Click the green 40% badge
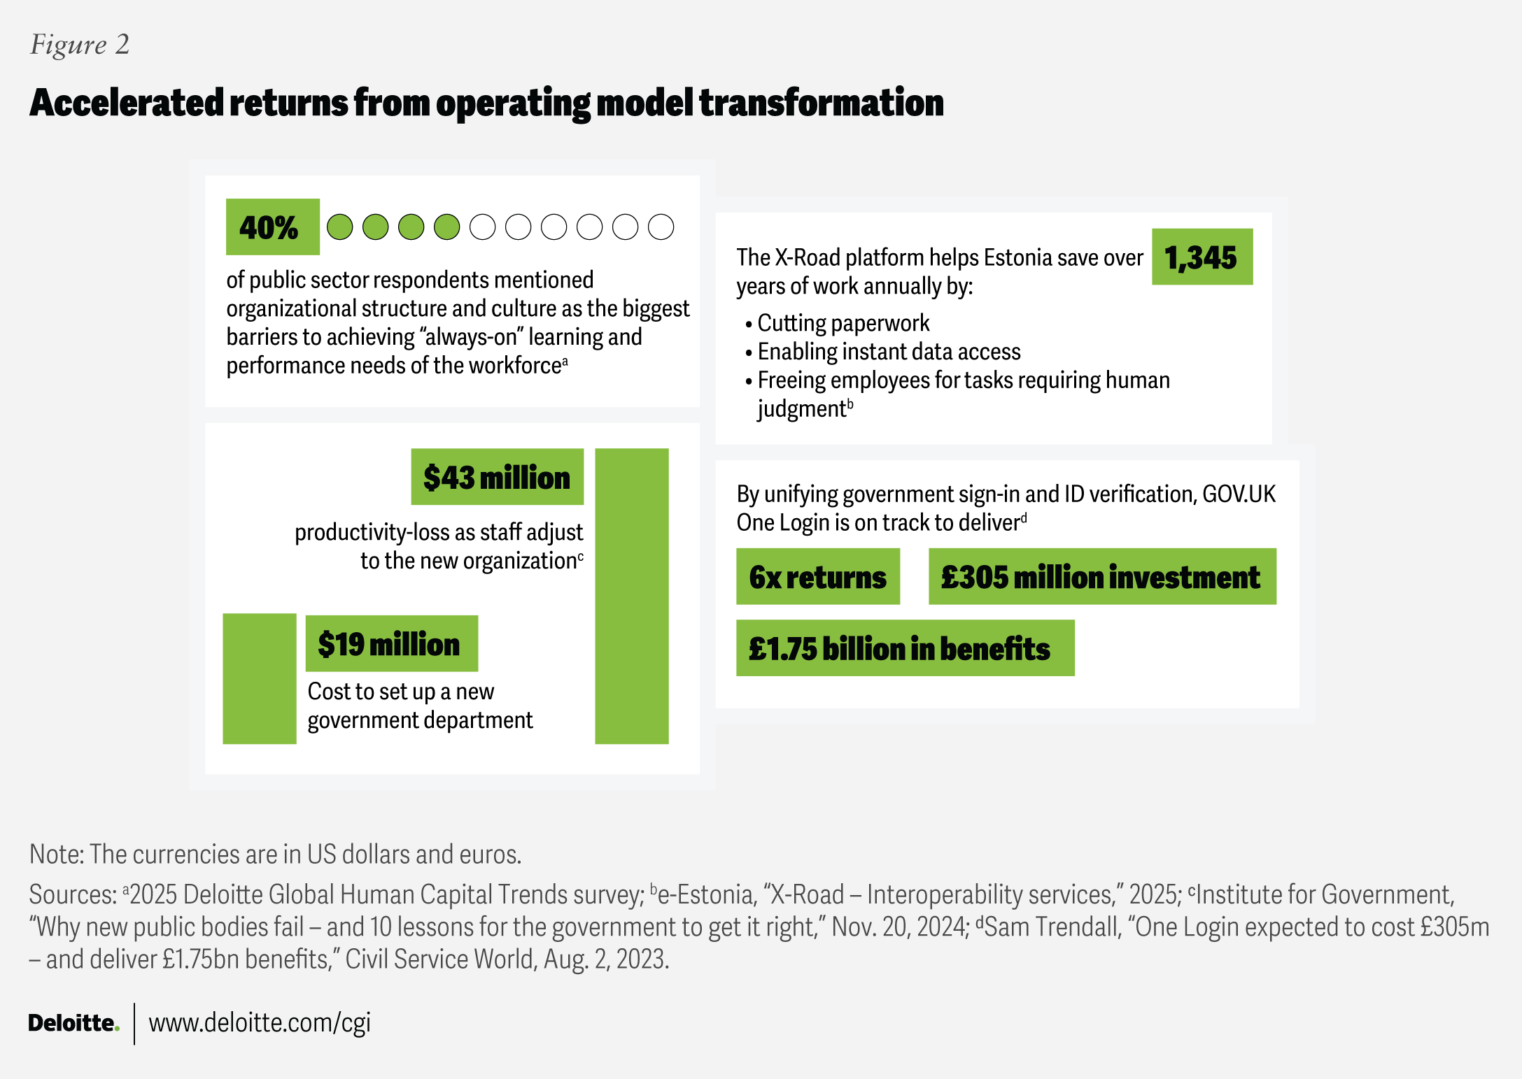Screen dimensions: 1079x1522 point(272,227)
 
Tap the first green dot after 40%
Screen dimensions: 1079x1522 point(340,227)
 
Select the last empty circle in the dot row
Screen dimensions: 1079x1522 point(661,227)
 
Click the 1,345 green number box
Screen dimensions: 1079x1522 point(1202,257)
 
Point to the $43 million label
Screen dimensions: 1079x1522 point(497,477)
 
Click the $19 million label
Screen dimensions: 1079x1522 point(391,643)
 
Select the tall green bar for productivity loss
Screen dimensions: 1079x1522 point(631,595)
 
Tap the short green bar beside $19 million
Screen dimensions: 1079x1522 point(259,678)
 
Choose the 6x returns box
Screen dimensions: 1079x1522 point(817,577)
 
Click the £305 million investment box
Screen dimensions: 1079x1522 point(1101,577)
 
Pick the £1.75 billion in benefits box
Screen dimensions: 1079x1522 point(904,648)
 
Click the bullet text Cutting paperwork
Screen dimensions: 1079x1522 point(843,323)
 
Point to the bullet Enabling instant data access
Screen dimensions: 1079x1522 point(889,352)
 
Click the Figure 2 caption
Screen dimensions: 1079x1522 point(80,45)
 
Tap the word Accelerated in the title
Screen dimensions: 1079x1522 point(127,103)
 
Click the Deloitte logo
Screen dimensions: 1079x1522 point(73,1023)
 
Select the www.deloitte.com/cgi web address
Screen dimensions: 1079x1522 point(260,1023)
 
